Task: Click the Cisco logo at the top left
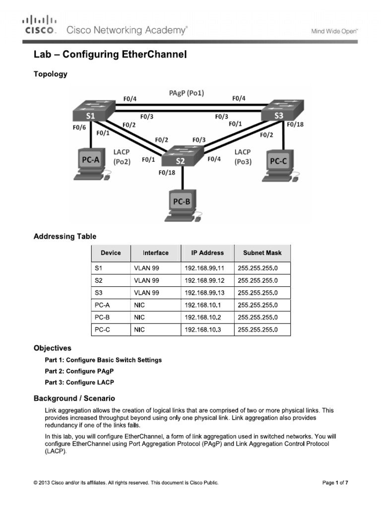pos(40,25)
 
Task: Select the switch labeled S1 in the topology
pos(91,112)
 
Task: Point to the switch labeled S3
pos(279,112)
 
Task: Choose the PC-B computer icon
pos(182,206)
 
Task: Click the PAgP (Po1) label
pos(187,93)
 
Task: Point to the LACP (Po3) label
pos(243,157)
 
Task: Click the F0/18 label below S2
pos(167,173)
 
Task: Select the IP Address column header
pos(207,253)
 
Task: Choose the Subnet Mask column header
pos(262,253)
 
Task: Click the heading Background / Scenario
pos(74,398)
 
